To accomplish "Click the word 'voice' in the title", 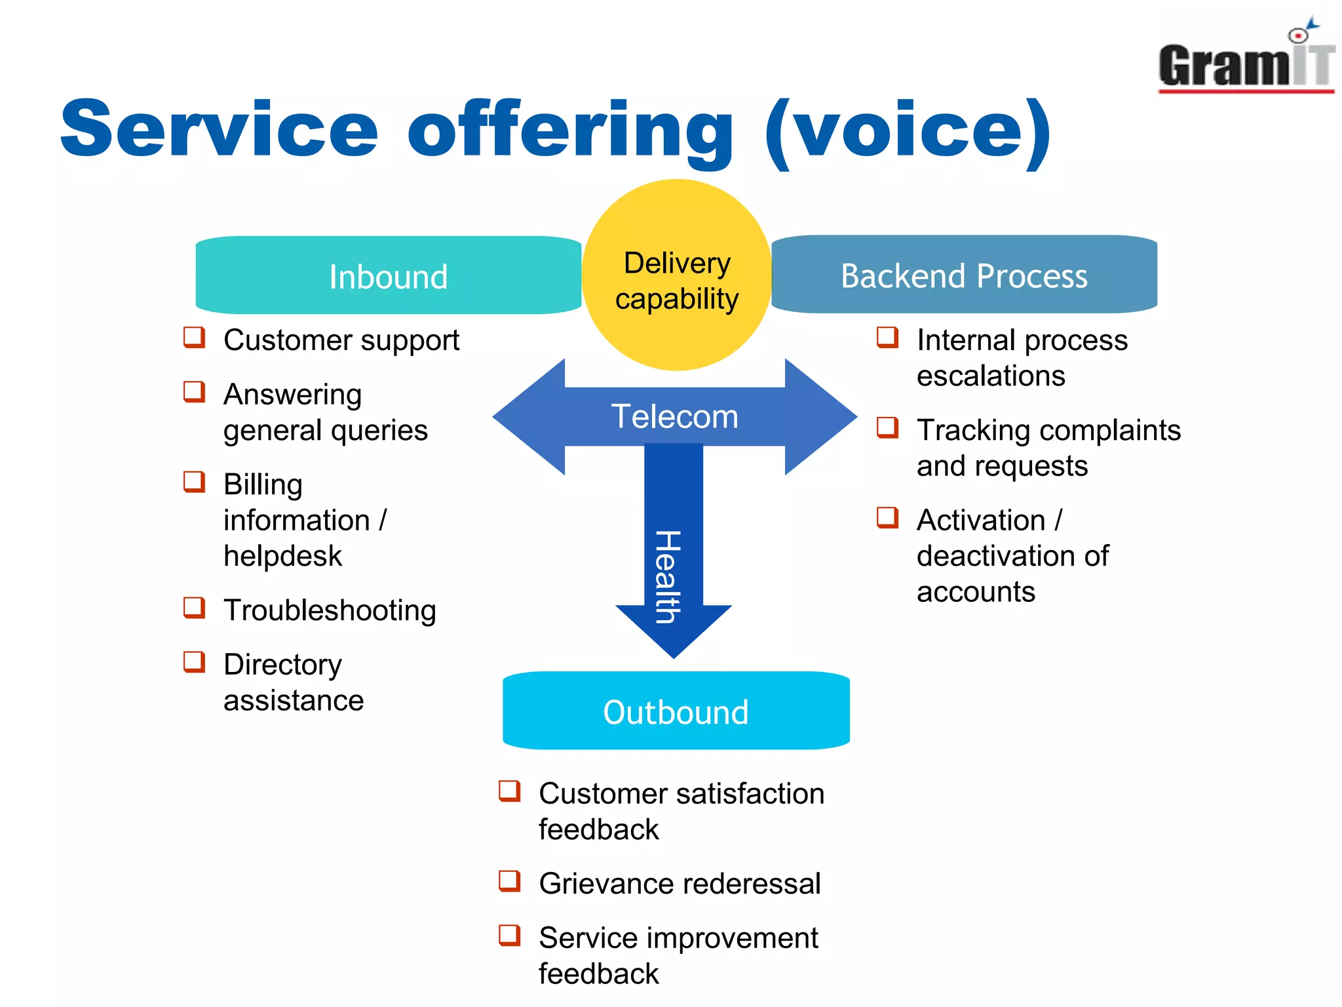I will (908, 130).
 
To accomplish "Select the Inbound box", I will (388, 275).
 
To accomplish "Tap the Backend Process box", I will (964, 275).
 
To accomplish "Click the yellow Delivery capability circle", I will (676, 275).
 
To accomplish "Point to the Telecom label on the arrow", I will (674, 417).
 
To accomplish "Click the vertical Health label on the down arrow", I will (669, 577).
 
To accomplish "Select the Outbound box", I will (676, 711).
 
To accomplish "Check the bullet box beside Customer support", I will (194, 338).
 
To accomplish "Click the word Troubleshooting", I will (330, 610).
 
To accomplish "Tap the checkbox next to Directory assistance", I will (194, 662).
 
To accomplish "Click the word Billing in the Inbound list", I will (263, 485).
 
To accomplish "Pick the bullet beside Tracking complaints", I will (887, 427).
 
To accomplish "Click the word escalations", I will (990, 376).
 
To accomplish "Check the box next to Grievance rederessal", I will (509, 881).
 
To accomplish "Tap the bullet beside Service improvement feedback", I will (509, 936).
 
